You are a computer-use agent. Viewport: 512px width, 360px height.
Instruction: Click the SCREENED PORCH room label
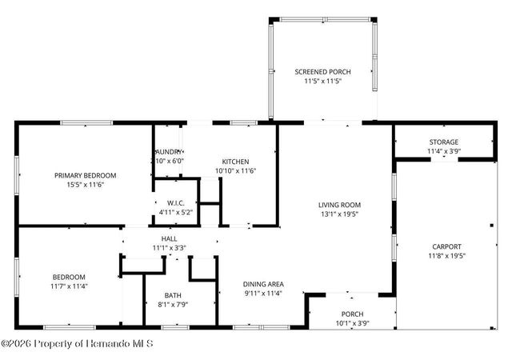coord(322,72)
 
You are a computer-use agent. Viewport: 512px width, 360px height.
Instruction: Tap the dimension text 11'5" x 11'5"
coord(322,82)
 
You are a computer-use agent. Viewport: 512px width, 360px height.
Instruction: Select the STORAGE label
coord(442,142)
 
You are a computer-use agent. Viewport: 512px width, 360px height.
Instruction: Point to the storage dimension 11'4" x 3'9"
coord(442,150)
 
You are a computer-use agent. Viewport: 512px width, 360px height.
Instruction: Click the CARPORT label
coord(446,246)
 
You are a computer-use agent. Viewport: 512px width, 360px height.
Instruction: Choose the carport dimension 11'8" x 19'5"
coord(446,256)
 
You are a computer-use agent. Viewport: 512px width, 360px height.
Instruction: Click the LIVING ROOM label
coord(340,204)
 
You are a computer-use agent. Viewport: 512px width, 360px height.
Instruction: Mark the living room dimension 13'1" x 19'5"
coord(340,214)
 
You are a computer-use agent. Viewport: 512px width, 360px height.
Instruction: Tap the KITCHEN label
coord(235,161)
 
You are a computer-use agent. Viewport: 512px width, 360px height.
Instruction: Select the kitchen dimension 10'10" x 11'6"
coord(235,170)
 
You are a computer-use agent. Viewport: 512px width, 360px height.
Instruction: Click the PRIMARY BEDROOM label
coord(85,175)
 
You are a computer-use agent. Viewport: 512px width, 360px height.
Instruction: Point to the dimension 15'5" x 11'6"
coord(85,185)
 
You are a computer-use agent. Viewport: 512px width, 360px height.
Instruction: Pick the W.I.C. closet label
coord(176,202)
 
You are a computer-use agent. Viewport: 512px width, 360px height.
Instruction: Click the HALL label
coord(169,238)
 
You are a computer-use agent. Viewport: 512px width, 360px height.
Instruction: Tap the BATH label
coord(173,294)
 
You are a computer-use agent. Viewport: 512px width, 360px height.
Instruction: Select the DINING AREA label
coord(263,283)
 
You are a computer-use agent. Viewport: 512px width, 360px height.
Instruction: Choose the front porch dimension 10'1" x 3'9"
coord(352,323)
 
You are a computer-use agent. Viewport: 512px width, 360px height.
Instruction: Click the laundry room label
coord(169,151)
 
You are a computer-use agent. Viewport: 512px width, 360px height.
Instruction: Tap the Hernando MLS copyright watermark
coord(77,343)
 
